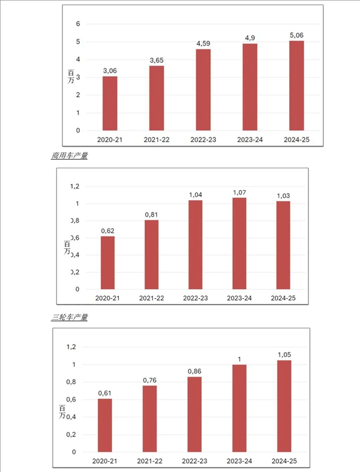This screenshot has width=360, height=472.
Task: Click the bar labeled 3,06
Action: pos(110,103)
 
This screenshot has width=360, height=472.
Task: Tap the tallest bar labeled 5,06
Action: pos(296,85)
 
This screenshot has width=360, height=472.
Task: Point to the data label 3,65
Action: pos(156,59)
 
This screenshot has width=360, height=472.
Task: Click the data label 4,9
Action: pos(250,38)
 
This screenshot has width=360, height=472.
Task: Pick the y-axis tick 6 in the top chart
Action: pos(77,24)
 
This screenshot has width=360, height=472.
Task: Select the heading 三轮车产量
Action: pos(70,317)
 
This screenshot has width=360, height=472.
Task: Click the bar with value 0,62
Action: pos(107,263)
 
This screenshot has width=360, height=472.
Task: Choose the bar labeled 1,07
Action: pos(239,243)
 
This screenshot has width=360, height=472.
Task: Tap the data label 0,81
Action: pos(151,214)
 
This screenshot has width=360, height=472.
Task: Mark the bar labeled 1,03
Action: pos(283,245)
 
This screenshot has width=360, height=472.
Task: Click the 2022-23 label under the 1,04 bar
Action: pos(195,298)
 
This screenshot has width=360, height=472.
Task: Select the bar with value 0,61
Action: pos(105,425)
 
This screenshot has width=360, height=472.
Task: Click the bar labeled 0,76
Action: pos(149,419)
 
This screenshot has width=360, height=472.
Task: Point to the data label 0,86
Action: pos(194,371)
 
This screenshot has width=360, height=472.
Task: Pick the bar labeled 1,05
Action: pos(284,406)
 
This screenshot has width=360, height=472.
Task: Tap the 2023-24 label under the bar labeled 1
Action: pos(239,461)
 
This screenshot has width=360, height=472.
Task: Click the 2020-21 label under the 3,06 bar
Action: pos(110,139)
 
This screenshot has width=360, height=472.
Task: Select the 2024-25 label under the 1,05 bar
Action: pos(284,461)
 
